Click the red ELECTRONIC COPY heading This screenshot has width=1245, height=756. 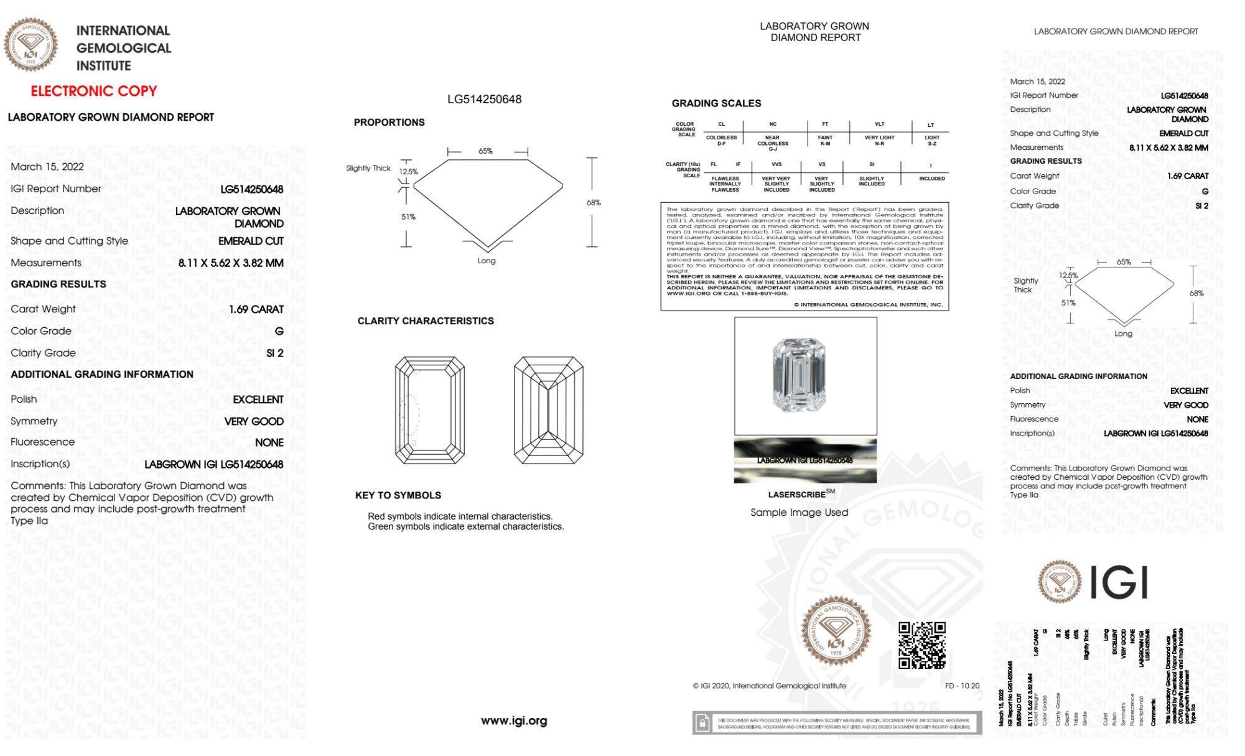(x=94, y=91)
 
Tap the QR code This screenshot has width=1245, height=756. (x=921, y=645)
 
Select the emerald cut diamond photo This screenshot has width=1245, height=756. (x=800, y=375)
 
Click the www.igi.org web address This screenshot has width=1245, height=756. (x=514, y=721)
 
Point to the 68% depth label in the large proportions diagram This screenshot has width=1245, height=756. (x=594, y=203)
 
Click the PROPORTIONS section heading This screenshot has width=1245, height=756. (x=389, y=123)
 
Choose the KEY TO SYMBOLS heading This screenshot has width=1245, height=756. (x=398, y=495)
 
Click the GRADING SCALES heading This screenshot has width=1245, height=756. (x=716, y=103)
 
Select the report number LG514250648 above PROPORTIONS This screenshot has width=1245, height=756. (x=484, y=100)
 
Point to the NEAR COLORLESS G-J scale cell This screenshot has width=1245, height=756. (x=773, y=143)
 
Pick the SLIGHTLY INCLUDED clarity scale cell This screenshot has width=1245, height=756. (x=872, y=181)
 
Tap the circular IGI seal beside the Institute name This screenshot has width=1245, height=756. (x=30, y=45)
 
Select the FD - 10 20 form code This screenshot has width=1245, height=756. (x=962, y=686)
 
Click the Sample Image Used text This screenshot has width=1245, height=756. (x=799, y=513)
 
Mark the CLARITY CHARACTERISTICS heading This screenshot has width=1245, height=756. (x=426, y=321)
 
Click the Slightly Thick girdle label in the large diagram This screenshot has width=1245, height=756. (x=368, y=169)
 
